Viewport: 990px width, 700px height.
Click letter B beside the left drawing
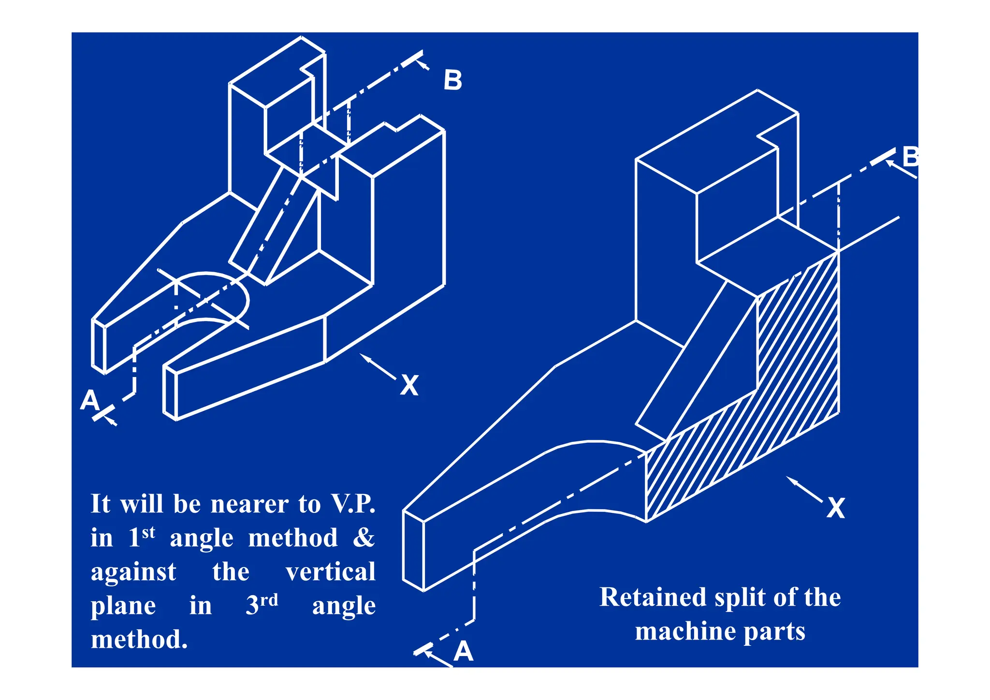(453, 80)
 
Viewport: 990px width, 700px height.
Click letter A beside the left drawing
(90, 401)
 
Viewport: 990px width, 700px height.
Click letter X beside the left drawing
(409, 385)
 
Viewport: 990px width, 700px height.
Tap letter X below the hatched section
(835, 508)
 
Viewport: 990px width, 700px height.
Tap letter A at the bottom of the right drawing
(463, 651)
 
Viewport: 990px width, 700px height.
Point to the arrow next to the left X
(378, 367)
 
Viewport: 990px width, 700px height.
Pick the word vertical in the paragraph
(330, 572)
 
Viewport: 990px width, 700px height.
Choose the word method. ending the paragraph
(139, 640)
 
